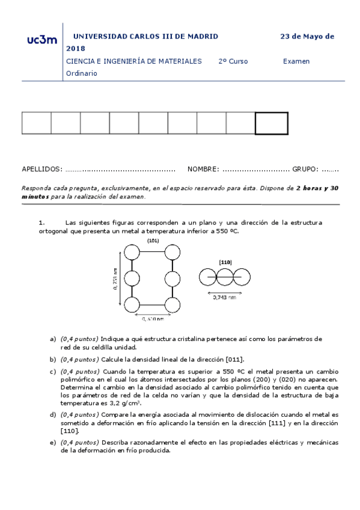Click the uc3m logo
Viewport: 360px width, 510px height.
42,40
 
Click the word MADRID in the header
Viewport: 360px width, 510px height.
201,36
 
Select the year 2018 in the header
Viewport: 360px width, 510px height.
76,48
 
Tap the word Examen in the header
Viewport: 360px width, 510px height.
296,61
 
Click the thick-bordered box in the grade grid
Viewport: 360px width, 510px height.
271,123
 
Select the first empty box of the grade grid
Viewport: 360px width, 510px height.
37,123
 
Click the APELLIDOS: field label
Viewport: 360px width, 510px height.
42,170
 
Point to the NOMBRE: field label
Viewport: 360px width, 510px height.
203,170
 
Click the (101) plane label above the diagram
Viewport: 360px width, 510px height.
153,241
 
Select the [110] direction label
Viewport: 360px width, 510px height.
225,262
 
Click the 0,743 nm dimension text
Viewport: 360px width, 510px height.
224,296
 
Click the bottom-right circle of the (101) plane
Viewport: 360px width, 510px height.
172,306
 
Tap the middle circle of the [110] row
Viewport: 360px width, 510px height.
225,277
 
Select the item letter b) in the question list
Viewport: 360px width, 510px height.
53,359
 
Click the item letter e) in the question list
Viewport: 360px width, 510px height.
53,442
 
